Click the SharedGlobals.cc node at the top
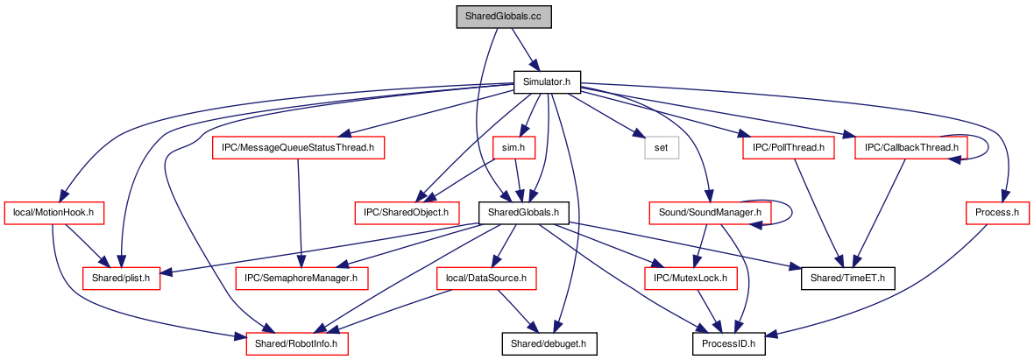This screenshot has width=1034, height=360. point(504,17)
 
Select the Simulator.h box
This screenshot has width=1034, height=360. point(547,81)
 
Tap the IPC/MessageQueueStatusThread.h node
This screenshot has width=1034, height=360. point(298,148)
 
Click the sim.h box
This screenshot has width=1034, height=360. point(513,148)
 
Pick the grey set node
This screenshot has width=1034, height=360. point(662,148)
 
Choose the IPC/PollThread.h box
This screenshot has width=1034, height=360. point(789,148)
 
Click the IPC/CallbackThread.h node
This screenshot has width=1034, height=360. point(910,148)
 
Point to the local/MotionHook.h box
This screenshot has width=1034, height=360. point(54,213)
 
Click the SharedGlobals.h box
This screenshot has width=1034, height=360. point(524,213)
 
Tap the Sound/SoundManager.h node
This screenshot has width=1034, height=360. point(705,213)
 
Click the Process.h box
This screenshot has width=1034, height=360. point(997,213)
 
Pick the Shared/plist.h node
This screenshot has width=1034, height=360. point(121,279)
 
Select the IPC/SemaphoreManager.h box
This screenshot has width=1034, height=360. point(301,279)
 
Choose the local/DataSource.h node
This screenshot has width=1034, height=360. point(487,279)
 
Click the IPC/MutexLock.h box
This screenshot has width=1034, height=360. point(691,279)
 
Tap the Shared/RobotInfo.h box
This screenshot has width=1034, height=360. point(297,343)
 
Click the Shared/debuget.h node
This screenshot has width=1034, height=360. point(549,343)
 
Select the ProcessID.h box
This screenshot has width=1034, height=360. point(729,343)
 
